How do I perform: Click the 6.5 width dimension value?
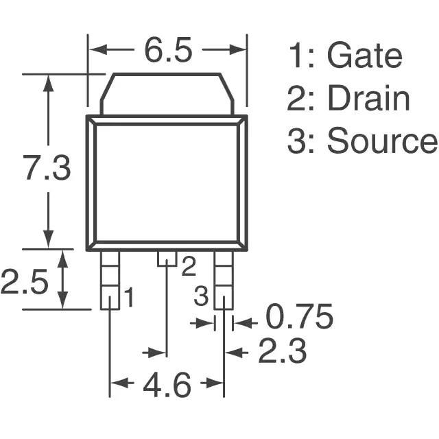(x=168, y=50)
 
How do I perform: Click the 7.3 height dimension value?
(x=47, y=167)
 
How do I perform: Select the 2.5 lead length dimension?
(x=24, y=282)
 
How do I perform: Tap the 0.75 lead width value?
(x=299, y=316)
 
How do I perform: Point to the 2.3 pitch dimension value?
(x=282, y=351)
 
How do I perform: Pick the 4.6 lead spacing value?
(x=167, y=385)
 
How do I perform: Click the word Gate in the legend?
(x=364, y=55)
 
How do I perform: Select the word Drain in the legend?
(x=369, y=97)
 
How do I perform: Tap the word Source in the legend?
(x=382, y=140)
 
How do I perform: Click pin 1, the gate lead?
(x=110, y=280)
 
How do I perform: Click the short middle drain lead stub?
(x=167, y=259)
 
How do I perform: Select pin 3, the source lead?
(x=224, y=280)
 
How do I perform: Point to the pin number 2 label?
(x=189, y=267)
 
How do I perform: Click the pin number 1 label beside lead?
(x=129, y=297)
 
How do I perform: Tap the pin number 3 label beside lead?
(x=201, y=296)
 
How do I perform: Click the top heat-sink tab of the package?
(x=167, y=94)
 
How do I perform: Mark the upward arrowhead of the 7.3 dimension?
(x=49, y=83)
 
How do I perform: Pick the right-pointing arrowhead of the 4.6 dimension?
(x=215, y=383)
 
